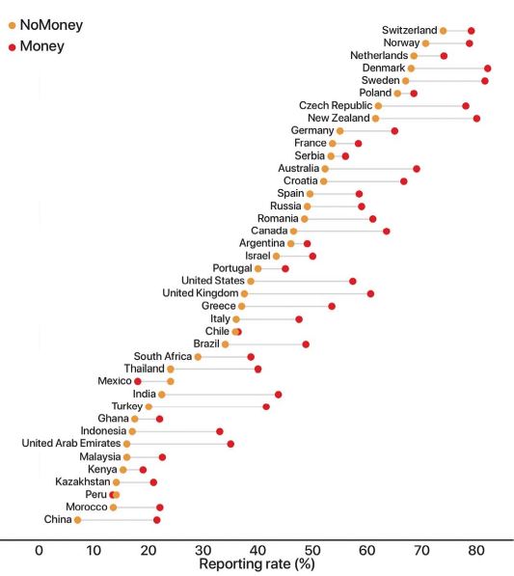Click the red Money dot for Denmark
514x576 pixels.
point(488,69)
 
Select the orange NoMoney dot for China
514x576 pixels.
point(77,520)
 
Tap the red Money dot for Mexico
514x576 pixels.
point(138,381)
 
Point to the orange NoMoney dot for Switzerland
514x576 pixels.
point(444,31)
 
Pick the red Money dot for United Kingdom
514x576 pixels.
point(371,293)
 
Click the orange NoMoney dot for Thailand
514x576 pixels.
point(171,369)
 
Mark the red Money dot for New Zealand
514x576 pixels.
point(476,119)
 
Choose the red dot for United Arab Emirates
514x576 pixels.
point(230,444)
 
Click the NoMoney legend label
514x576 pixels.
point(51,25)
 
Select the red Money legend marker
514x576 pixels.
point(13,47)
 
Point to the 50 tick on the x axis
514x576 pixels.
point(312,550)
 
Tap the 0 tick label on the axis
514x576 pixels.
point(39,550)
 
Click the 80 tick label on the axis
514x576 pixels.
point(476,550)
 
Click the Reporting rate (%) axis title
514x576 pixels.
point(257,563)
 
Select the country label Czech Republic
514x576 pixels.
point(336,105)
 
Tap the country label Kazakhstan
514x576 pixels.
point(83,481)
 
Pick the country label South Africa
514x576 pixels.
point(163,356)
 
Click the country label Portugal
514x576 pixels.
point(232,268)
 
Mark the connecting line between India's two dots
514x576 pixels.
point(220,395)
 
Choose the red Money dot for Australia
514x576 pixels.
point(417,169)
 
